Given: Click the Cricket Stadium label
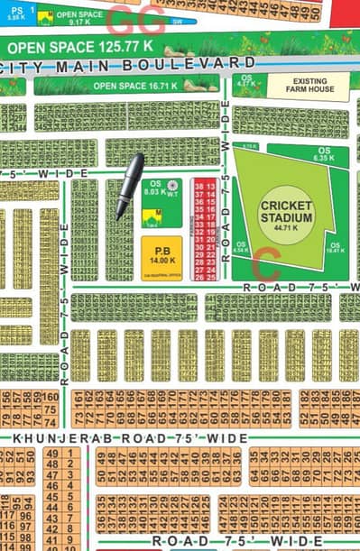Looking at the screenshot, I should (x=286, y=211).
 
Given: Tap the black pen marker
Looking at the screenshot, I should (x=129, y=186).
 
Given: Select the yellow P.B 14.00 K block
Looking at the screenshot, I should (x=162, y=255).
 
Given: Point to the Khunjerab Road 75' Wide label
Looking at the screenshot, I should (x=129, y=437).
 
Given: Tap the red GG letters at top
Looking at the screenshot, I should (x=136, y=18).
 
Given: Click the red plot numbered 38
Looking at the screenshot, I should (x=199, y=184).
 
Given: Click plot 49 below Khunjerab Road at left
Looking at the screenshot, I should (x=51, y=453).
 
